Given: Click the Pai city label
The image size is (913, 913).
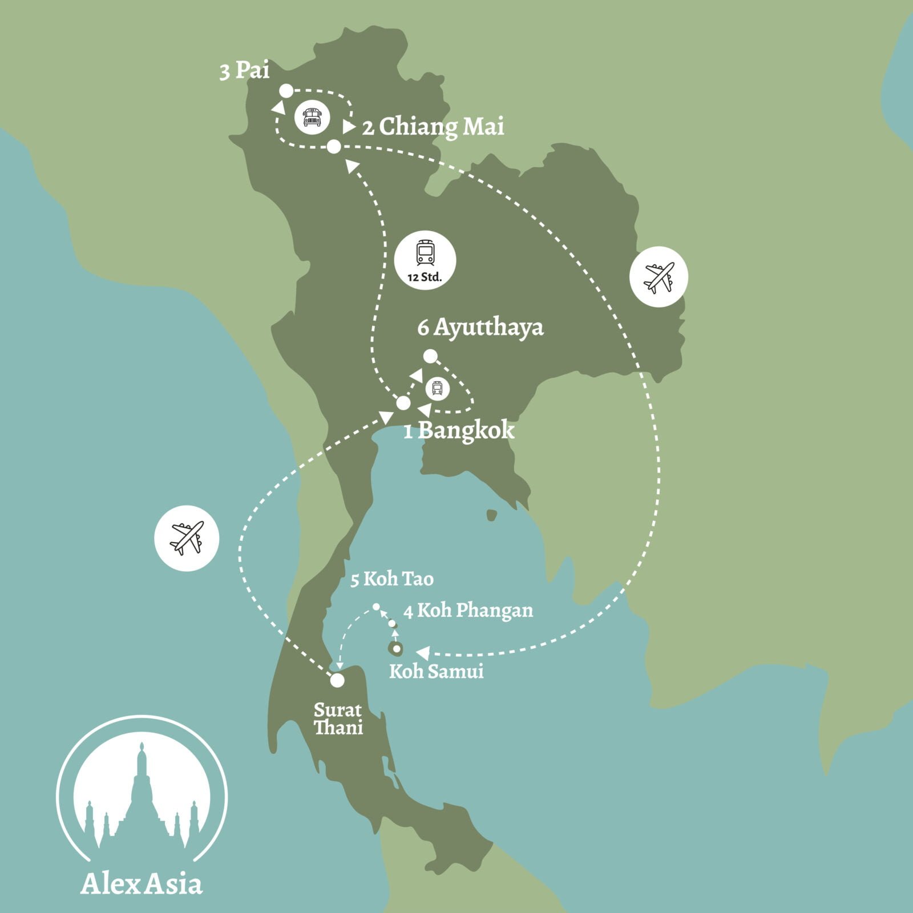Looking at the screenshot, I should (x=245, y=71).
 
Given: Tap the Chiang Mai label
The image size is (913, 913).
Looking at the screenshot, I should (x=433, y=127).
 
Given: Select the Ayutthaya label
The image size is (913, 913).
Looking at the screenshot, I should (x=480, y=328).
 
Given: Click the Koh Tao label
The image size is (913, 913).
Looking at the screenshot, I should (x=392, y=579).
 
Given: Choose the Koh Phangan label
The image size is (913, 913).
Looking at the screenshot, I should (x=468, y=611).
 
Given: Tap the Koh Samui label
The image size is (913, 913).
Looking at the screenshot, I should (x=436, y=671).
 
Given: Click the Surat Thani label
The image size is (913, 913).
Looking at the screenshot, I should (x=338, y=719).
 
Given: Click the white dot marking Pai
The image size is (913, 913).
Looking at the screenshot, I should (x=286, y=91).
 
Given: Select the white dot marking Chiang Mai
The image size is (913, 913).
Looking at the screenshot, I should (x=334, y=147).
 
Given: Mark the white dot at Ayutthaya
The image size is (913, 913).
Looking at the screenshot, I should (x=430, y=357).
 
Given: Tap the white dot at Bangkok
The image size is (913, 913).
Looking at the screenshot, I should (x=403, y=403).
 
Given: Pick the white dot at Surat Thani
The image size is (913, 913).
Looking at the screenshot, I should (x=337, y=680).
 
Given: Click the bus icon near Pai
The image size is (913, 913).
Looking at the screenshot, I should (x=312, y=117).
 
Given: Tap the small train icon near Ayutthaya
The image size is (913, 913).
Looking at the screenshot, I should (x=437, y=389).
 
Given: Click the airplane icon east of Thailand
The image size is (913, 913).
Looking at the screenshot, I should (x=659, y=277).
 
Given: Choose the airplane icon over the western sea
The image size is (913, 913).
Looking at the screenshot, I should (x=187, y=538).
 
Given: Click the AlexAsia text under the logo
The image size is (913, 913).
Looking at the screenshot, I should (x=142, y=883).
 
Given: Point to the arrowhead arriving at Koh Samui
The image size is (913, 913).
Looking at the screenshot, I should (x=423, y=652).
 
